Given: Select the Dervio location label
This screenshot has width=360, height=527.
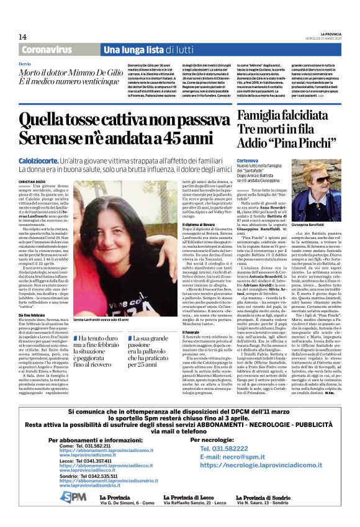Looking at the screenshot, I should click(x=24, y=64).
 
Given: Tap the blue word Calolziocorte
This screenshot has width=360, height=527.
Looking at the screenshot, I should click(x=39, y=161).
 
